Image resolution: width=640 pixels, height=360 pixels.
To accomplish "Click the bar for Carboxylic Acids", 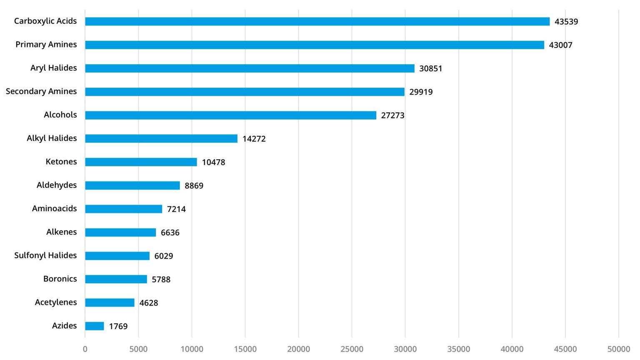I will [317, 21].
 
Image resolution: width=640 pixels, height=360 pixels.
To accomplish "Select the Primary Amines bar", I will [315, 45].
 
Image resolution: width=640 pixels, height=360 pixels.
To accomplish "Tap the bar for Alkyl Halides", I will [161, 138].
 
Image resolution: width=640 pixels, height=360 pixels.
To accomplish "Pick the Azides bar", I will [95, 326].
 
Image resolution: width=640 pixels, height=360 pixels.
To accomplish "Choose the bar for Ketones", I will [141, 162].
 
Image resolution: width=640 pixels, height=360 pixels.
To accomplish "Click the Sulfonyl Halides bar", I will [117, 255].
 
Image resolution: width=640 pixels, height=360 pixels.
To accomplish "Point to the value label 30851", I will [430, 68].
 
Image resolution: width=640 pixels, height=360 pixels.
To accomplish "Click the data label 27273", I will [392, 115].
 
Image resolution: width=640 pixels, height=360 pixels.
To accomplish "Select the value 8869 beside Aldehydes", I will [194, 185].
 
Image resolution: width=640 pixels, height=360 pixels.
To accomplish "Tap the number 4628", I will [148, 303].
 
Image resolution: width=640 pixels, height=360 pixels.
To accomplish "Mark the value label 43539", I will [566, 22].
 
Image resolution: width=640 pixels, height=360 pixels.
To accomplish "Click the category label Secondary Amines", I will [41, 91].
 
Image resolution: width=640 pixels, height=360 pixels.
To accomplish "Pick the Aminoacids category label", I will [54, 208].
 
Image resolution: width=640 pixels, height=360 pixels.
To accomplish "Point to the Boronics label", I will [60, 279].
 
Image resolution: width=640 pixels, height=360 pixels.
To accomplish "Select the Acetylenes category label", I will [56, 302].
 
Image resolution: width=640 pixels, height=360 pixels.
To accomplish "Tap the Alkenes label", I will [61, 232].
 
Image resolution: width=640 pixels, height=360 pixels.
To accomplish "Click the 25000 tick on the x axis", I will [352, 349].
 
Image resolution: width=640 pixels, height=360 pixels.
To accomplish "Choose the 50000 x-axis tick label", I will [618, 349].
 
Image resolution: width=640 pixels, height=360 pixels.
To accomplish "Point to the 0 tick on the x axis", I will [85, 349].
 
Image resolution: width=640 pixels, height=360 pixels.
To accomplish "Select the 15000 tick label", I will [245, 349].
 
